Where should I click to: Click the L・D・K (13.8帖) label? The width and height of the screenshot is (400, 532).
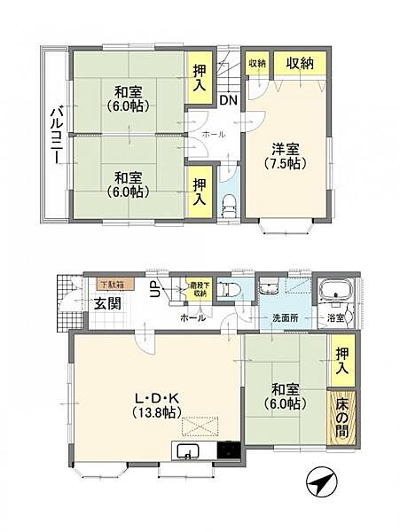pos(156,406)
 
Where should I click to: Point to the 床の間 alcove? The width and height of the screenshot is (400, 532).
pos(341,417)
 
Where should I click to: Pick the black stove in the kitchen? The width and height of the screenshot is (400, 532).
pos(228,450)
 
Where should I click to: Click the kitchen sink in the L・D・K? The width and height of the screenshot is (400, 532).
pos(190,454)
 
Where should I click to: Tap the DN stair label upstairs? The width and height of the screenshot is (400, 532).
pos(227,99)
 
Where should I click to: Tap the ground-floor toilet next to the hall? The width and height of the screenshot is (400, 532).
pos(227,290)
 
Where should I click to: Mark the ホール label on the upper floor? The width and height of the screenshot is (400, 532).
pos(214,134)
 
